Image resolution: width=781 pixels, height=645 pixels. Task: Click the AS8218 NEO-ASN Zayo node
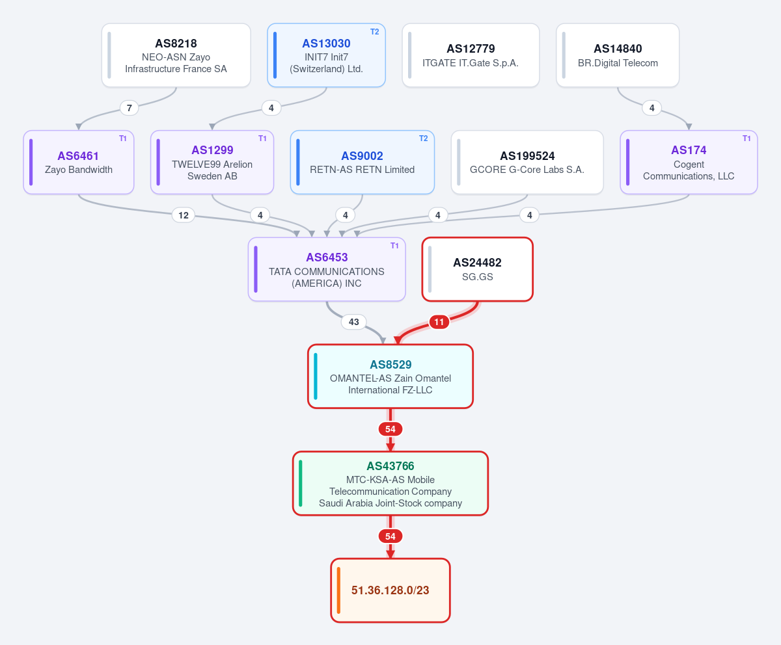tap(176, 55)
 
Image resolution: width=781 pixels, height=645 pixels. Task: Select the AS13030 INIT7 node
tap(326, 55)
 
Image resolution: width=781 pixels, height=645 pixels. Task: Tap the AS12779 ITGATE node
tap(471, 55)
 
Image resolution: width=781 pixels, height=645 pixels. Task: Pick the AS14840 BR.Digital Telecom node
tap(618, 55)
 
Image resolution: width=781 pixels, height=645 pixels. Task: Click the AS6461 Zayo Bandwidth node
tap(79, 162)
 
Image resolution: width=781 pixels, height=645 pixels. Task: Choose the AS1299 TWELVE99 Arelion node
tap(212, 162)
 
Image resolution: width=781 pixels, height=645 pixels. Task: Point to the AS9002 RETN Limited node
tap(362, 162)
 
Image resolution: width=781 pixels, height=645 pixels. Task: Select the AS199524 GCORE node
tap(527, 162)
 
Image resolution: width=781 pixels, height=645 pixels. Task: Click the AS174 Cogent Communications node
tap(689, 162)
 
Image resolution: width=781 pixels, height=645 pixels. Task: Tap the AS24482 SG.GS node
tap(477, 269)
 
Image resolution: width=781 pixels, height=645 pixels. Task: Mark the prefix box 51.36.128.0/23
tap(390, 590)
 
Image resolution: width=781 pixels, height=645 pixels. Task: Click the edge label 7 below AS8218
tap(130, 108)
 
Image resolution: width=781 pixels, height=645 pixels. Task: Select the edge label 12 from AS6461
tap(184, 215)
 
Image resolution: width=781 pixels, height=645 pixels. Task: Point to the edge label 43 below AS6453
tap(354, 322)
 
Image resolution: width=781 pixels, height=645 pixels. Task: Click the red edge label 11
tap(439, 322)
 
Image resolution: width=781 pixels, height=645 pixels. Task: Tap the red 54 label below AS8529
tap(390, 429)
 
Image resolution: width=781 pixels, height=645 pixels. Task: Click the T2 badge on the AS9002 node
tap(423, 138)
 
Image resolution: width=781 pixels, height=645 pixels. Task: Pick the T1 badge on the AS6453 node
tap(394, 246)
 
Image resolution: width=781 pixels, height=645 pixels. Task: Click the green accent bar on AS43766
tap(300, 483)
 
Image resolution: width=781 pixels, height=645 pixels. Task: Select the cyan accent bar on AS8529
tap(315, 376)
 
